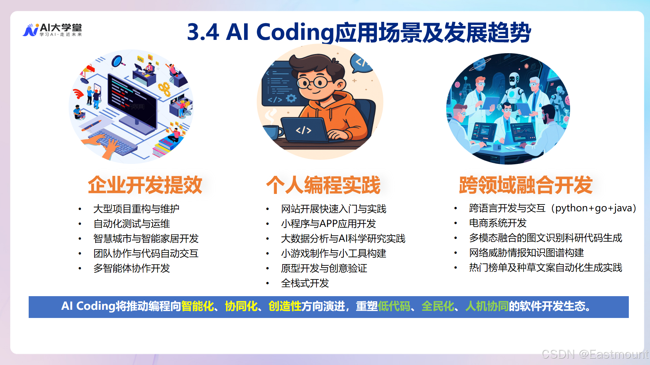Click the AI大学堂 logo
coord(52,30)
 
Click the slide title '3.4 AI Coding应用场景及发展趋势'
coord(358,32)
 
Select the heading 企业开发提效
coord(145,185)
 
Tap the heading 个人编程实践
coord(323,185)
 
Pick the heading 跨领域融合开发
coord(525,185)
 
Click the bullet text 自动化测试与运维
coord(131,224)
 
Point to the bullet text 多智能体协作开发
coord(131,268)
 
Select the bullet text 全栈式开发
coord(305,283)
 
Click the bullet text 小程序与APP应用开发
coord(328,224)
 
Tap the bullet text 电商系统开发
coord(497,223)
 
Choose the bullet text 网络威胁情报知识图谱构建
coord(526,253)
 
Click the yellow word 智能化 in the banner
coord(197,306)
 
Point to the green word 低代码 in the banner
coord(394,306)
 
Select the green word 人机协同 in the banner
coord(486,306)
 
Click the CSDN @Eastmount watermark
coord(594,354)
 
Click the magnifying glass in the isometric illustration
coord(118,61)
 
